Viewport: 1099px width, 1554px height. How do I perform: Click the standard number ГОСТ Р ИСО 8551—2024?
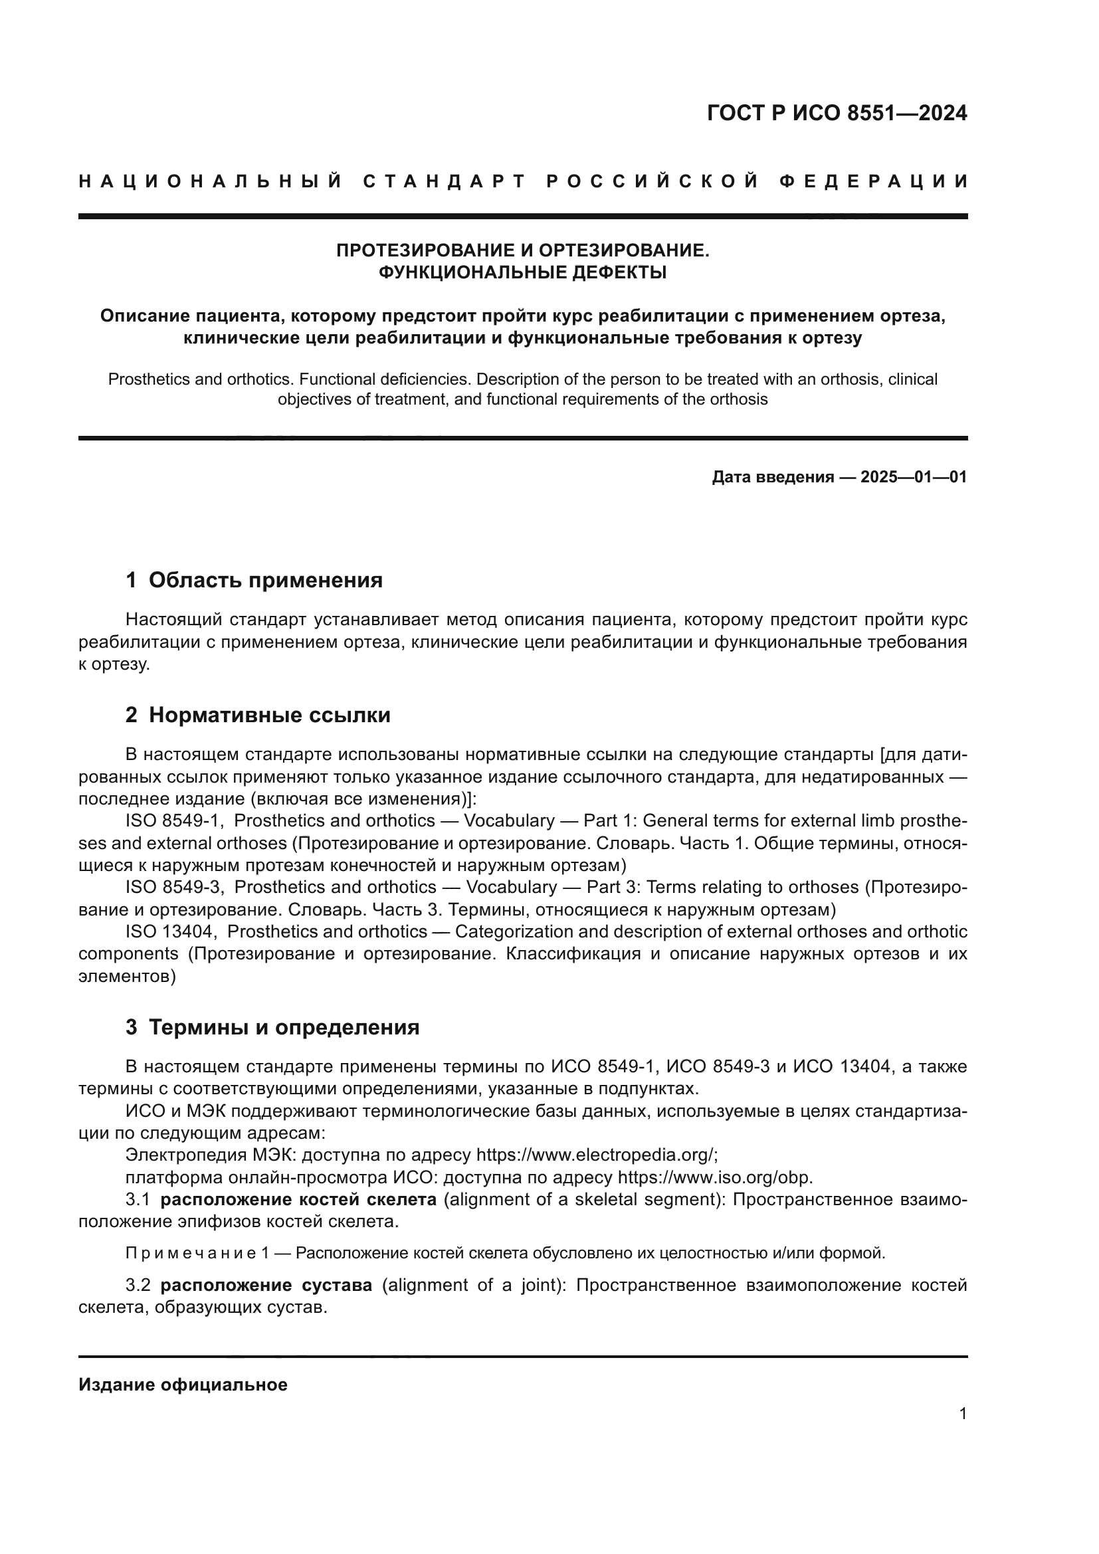click(837, 113)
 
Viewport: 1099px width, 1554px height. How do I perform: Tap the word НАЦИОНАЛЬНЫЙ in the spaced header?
click(211, 181)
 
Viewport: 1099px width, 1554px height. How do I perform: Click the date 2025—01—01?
click(913, 477)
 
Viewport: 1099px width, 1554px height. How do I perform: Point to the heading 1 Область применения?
click(254, 580)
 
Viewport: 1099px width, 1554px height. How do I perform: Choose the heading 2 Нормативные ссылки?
click(258, 716)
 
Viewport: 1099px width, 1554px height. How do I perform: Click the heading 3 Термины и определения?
click(272, 1027)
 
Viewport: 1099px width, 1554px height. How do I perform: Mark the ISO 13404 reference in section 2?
click(171, 932)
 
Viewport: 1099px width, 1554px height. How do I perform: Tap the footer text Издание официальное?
click(183, 1385)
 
